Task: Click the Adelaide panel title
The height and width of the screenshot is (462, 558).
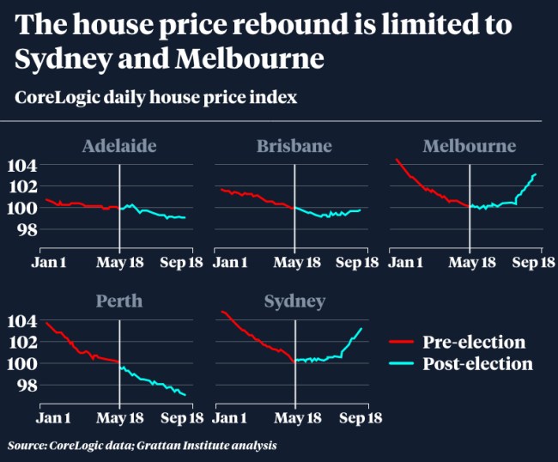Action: pyautogui.click(x=119, y=146)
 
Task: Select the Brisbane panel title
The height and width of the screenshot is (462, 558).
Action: pyautogui.click(x=294, y=146)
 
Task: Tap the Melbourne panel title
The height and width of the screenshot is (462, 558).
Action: pyautogui.click(x=469, y=146)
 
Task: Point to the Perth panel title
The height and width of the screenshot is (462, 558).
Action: pyautogui.click(x=118, y=301)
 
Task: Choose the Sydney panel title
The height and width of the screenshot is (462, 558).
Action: pyautogui.click(x=294, y=301)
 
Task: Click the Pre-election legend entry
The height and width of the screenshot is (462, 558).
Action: pyautogui.click(x=473, y=343)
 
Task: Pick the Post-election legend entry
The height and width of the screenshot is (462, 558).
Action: pyautogui.click(x=477, y=364)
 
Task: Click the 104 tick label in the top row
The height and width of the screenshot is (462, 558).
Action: pyautogui.click(x=21, y=165)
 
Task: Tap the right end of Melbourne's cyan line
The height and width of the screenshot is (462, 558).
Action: pyautogui.click(x=537, y=174)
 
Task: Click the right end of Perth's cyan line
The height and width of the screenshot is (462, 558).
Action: pyautogui.click(x=185, y=395)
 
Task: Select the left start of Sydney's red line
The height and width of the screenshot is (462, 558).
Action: pyautogui.click(x=221, y=311)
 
